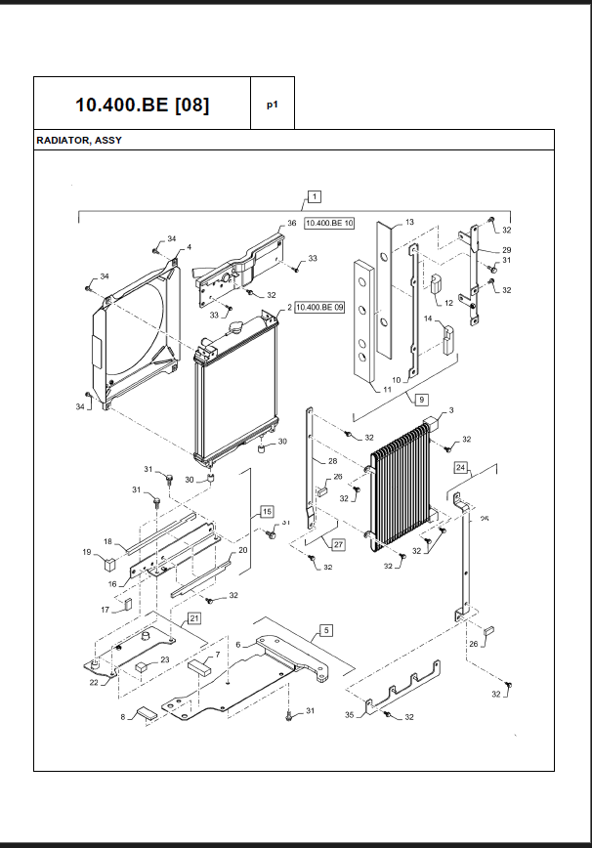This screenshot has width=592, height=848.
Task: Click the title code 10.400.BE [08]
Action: coord(142,104)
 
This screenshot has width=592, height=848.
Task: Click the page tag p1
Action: coord(273,104)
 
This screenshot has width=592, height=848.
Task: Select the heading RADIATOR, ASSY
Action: coord(79,141)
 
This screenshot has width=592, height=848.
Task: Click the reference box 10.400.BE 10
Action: coord(329,224)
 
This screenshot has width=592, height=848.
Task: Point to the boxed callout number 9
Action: coord(421,400)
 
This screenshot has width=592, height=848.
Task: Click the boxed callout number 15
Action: coord(266,511)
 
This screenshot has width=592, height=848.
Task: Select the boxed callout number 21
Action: coord(194,618)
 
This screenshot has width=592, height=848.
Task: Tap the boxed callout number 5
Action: coord(326,631)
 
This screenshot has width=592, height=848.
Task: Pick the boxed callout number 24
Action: coord(460,468)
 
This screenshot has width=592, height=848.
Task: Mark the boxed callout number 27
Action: coord(338,544)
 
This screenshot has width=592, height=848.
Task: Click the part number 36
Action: coord(291,224)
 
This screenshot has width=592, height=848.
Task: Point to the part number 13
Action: coord(409,223)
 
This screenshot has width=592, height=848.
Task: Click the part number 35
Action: coord(350,715)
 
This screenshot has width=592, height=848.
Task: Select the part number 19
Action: coord(86,552)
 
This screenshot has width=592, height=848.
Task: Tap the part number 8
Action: coord(123,717)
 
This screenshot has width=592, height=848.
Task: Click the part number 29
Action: coord(507,250)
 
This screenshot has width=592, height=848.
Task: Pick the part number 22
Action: coord(94,682)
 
